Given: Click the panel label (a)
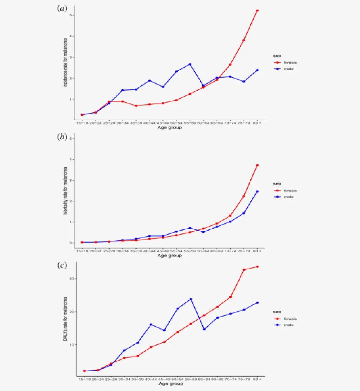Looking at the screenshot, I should coord(62,9).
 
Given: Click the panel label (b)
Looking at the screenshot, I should coord(62,137).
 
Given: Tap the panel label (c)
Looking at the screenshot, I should coord(62,265).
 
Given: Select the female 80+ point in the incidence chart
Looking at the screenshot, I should coord(257,11).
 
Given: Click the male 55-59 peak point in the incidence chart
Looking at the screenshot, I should coord(190,64).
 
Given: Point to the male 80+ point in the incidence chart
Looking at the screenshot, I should coord(257,70).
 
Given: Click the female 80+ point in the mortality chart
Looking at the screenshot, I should coord(257,165).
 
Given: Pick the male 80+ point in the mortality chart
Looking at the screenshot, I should coord(257,191).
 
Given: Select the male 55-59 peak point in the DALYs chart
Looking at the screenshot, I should coord(191,299).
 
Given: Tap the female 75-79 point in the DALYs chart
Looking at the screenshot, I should coord(244,270).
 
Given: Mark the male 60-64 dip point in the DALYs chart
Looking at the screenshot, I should coord(204,329).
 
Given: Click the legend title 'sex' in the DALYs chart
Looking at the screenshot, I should coord(277,312).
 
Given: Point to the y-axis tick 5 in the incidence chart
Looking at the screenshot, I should coord(71,15).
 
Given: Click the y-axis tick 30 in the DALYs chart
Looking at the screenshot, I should coord(71,279).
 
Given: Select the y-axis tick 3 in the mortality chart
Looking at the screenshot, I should coord(71,180).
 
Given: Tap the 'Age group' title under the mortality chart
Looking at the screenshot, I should coord(170,256).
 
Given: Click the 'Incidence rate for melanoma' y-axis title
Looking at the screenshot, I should coord(65,63).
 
